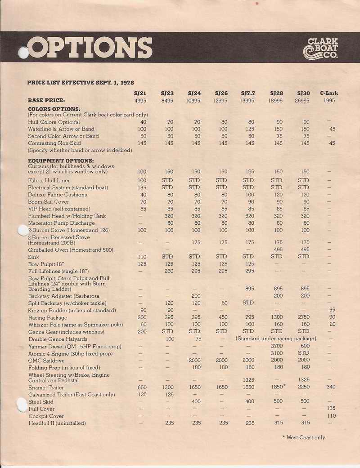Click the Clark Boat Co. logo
(321, 48)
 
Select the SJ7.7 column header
(247, 93)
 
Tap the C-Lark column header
(329, 93)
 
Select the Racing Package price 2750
(303, 317)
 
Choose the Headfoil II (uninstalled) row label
(57, 423)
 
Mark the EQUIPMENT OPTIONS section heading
(61, 160)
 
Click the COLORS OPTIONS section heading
(54, 109)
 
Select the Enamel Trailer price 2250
(303, 387)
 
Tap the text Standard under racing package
(276, 339)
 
